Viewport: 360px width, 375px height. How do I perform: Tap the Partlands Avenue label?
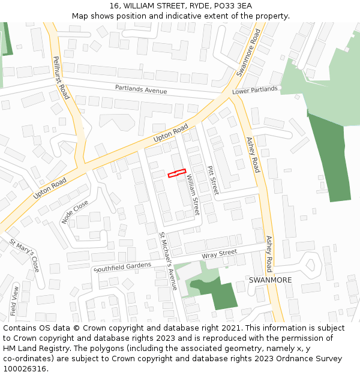(x=141, y=90)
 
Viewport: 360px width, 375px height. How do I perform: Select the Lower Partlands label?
(x=255, y=91)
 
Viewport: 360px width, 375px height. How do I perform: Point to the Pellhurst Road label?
(x=61, y=77)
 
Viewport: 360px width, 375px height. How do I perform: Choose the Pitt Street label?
(x=212, y=180)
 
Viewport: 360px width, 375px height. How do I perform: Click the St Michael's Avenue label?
(x=168, y=260)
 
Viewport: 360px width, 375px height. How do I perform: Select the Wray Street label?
(x=220, y=254)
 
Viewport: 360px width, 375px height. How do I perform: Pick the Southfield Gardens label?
(x=122, y=266)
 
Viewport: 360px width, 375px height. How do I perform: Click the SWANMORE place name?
(x=270, y=280)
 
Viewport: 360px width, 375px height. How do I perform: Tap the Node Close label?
(x=75, y=212)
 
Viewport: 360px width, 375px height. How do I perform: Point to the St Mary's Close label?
(x=25, y=255)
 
